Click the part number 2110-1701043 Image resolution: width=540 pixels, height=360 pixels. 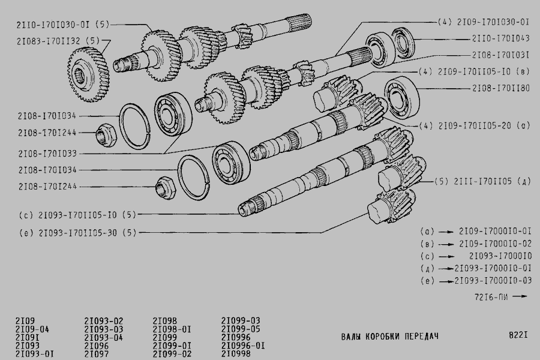(500, 38)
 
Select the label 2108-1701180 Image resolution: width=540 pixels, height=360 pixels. (501, 88)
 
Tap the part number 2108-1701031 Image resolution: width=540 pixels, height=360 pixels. (500, 55)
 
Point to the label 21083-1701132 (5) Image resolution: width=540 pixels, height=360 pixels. (58, 41)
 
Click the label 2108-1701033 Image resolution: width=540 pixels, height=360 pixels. (47, 154)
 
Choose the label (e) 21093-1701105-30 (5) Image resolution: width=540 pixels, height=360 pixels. (78, 233)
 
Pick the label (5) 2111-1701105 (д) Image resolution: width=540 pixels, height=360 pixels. (482, 181)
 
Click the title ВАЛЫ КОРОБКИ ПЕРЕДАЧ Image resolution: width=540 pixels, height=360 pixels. (390, 336)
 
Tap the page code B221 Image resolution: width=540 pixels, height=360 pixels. (518, 335)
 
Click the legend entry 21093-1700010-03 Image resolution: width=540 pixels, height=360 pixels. (493, 281)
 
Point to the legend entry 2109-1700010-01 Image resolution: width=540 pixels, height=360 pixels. (495, 231)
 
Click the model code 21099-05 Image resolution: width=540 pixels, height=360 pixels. (241, 329)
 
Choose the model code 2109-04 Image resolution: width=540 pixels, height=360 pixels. (32, 329)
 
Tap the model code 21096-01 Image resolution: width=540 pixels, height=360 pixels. (243, 345)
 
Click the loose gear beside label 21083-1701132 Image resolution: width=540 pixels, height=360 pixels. (88, 75)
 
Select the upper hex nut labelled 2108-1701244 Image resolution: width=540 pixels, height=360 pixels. (106, 134)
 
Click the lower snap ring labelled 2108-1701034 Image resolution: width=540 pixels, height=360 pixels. (194, 178)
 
